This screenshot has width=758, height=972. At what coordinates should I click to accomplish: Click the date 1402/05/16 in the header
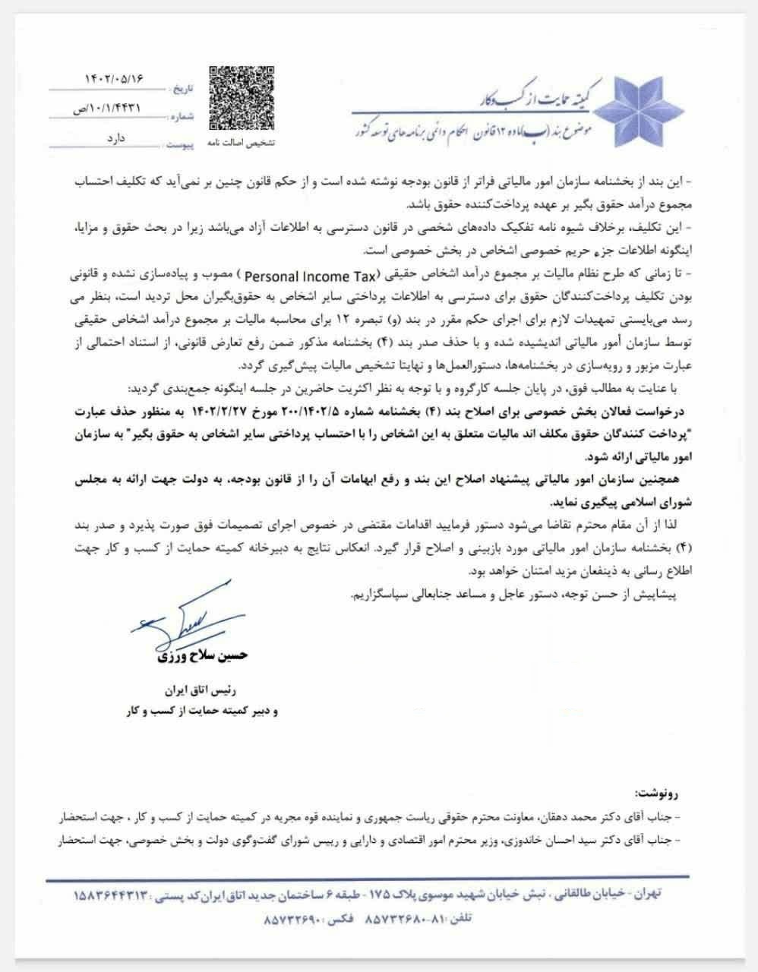tap(114, 78)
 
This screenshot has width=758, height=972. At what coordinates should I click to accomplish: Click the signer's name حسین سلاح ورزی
tap(201, 655)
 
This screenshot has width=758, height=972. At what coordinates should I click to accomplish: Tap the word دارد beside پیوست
tap(122, 140)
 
